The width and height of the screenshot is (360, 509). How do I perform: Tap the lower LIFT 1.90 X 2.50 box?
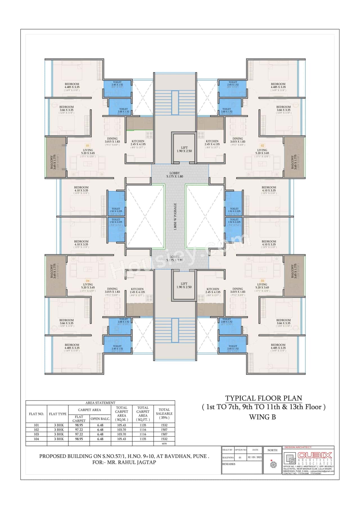184,285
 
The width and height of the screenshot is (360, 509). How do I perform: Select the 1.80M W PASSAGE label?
175,217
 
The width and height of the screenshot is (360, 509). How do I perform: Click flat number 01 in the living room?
88,146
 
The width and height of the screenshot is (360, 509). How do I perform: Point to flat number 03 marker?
262,281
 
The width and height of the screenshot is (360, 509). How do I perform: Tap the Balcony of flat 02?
294,158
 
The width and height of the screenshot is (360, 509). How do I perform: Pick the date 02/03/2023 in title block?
254,458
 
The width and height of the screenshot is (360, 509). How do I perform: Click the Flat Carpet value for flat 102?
79,430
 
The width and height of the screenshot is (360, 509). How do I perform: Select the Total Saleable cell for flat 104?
164,439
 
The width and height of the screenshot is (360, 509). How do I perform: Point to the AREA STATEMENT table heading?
100,403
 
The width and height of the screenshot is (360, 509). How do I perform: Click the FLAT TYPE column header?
58,414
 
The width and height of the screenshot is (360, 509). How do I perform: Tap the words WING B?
262,417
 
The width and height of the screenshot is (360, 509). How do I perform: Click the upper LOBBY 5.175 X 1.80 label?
174,175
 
